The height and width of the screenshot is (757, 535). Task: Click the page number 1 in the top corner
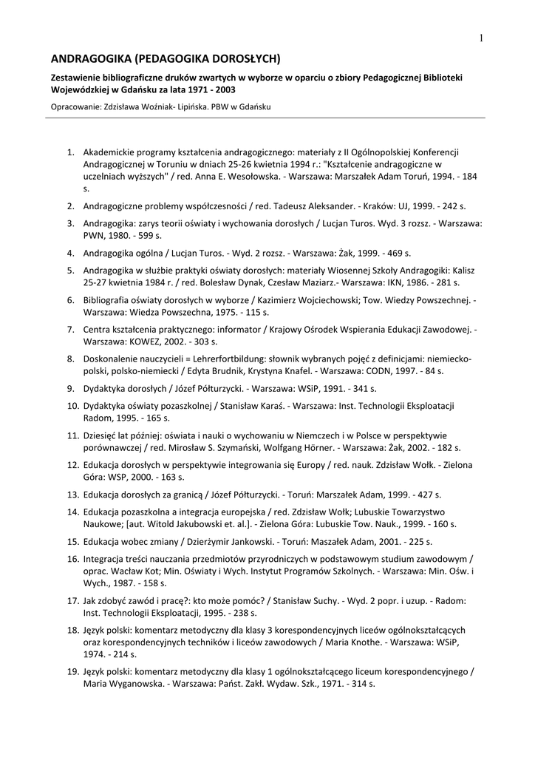point(480,38)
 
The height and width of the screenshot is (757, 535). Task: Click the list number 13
point(72,493)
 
